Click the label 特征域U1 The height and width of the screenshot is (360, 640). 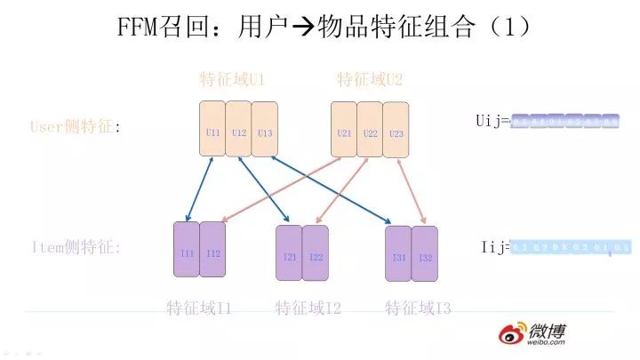coord(232,80)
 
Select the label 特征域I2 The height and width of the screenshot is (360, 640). coord(308,308)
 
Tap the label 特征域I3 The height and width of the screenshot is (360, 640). coord(418,308)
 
